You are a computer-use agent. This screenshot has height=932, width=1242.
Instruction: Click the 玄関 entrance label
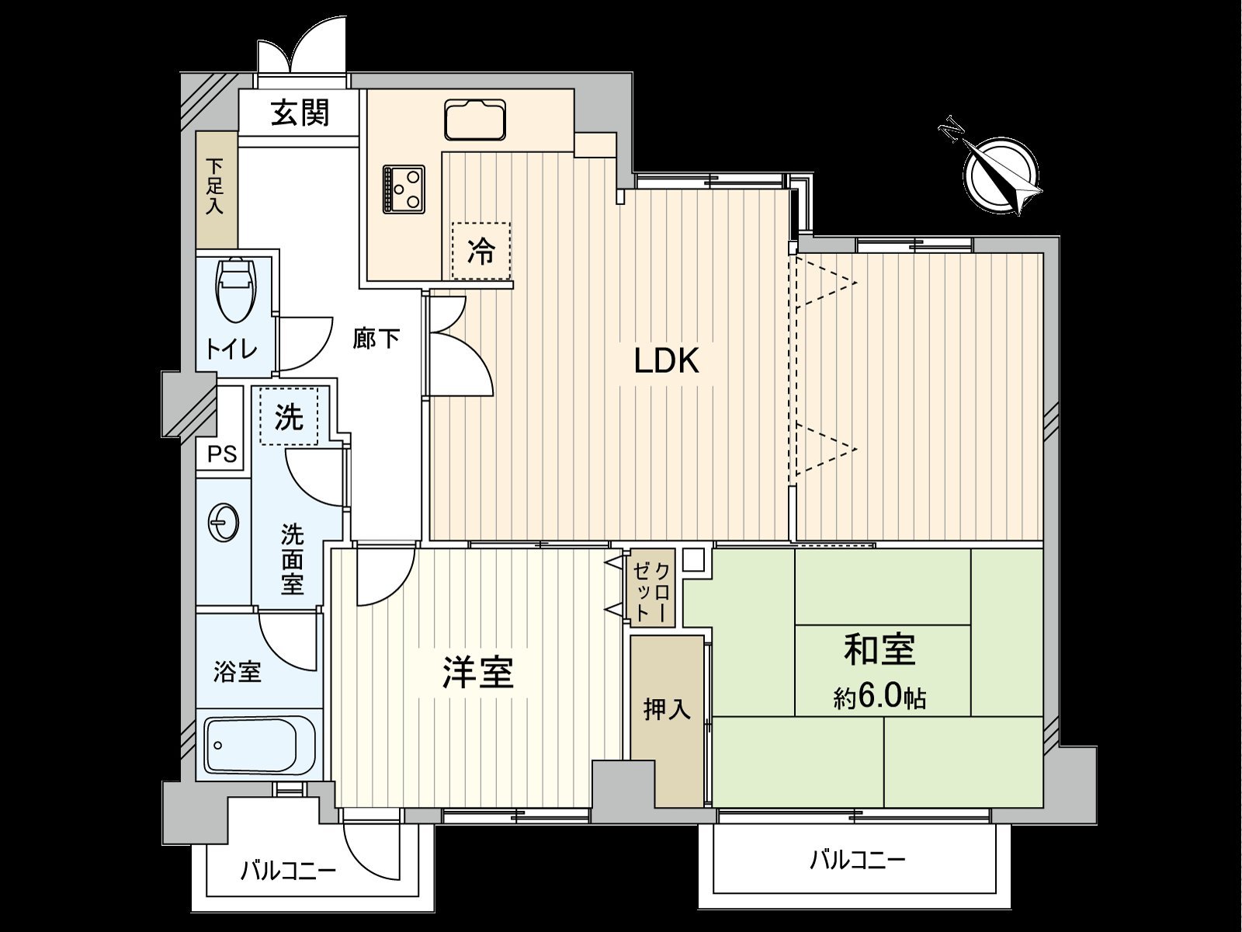pyautogui.click(x=300, y=113)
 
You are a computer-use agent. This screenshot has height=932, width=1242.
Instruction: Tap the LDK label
pyautogui.click(x=667, y=361)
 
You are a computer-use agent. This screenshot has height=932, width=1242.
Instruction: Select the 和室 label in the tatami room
pyautogui.click(x=879, y=650)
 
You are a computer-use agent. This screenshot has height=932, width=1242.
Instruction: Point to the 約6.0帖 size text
pyautogui.click(x=879, y=697)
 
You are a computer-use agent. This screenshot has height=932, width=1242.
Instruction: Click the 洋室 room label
pyautogui.click(x=477, y=672)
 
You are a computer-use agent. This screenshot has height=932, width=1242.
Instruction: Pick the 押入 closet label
pyautogui.click(x=667, y=709)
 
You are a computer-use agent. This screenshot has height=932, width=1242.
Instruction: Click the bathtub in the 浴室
pyautogui.click(x=260, y=746)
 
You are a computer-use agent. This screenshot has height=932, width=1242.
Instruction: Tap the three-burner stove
pyautogui.click(x=404, y=189)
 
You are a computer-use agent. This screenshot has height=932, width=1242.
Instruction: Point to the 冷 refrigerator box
pyautogui.click(x=481, y=251)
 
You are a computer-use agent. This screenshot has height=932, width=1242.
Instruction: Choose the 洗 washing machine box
pyautogui.click(x=290, y=417)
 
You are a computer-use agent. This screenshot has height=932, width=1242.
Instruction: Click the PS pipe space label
pyautogui.click(x=222, y=454)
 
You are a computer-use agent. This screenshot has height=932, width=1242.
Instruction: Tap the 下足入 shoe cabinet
pyautogui.click(x=215, y=189)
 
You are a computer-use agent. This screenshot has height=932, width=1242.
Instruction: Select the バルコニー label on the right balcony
pyautogui.click(x=858, y=860)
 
